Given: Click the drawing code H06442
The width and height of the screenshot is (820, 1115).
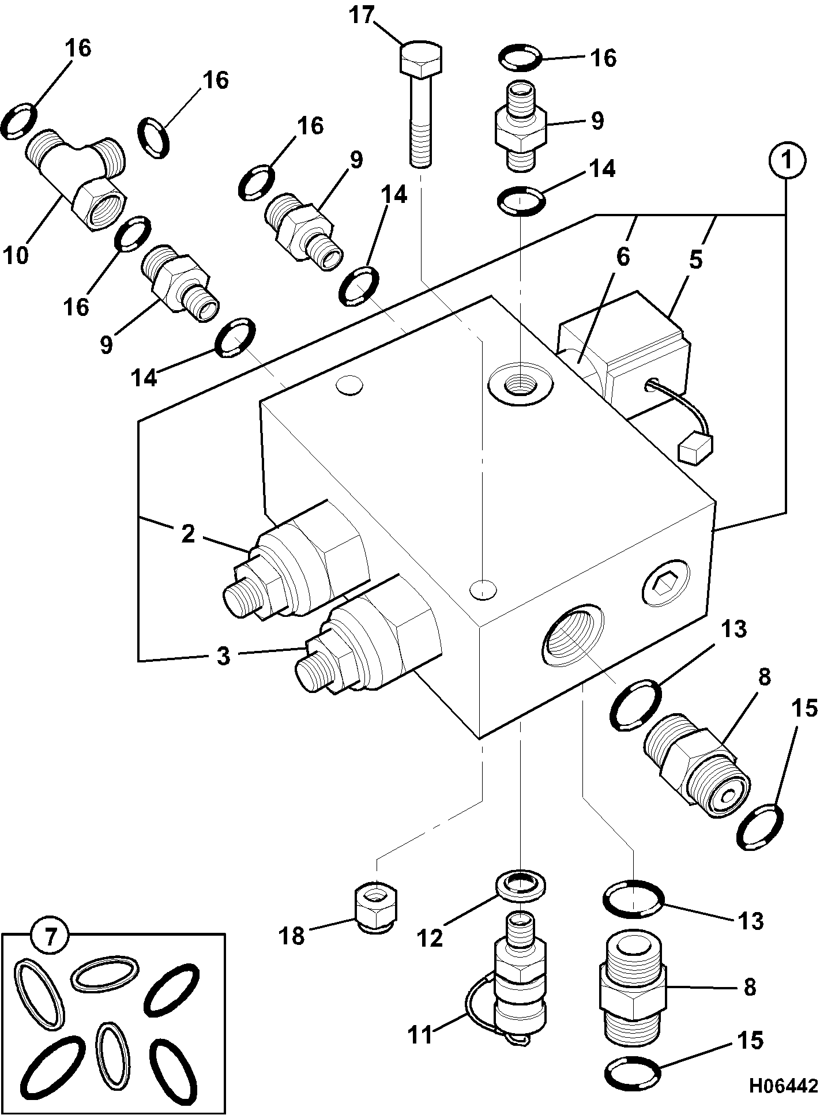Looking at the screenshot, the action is coord(784,1086).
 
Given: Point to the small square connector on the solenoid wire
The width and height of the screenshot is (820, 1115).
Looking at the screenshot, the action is coord(695,448).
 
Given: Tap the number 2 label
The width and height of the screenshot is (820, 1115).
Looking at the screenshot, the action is coord(189,534).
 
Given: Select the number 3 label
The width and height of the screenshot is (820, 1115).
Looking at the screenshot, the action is coord(224,656).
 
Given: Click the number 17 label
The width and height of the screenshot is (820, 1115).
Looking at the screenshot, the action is coord(363,16).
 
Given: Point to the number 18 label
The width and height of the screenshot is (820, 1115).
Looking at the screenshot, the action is coord(292,936).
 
